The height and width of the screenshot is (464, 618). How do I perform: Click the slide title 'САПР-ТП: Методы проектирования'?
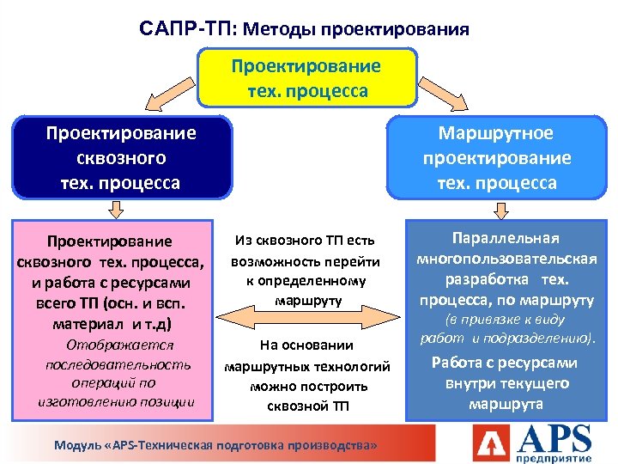coord(304,29)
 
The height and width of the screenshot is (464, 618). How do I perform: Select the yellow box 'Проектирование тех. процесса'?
coord(307,77)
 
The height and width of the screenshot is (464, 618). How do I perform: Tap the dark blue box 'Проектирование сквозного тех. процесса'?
coord(121,158)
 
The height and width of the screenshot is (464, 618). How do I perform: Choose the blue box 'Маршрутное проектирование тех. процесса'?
coord(496,158)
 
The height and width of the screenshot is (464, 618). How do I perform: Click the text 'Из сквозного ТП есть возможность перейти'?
coord(305,250)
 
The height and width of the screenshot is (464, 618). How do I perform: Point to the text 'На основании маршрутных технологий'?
coord(306,355)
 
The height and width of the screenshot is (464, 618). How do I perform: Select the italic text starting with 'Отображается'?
coord(119,373)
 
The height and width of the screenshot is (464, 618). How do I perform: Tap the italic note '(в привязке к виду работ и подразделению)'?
coord(506,331)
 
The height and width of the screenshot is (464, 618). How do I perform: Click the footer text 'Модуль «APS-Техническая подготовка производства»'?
coord(215,446)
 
